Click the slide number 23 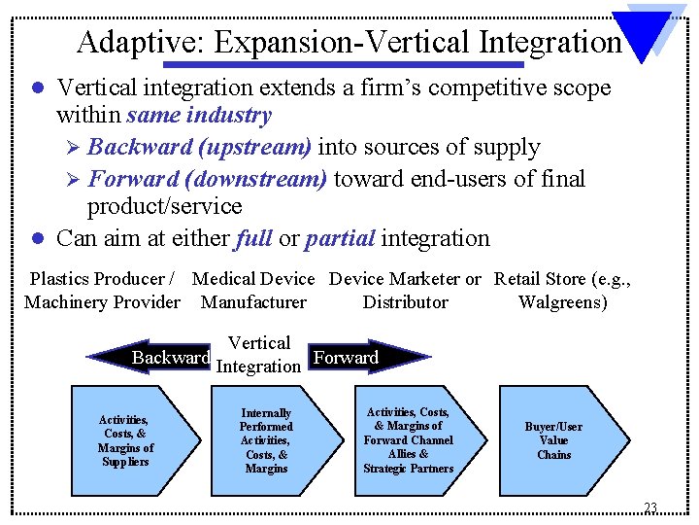(649, 507)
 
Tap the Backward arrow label (171, 358)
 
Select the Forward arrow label (347, 358)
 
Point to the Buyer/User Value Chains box (553, 440)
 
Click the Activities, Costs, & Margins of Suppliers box (125, 440)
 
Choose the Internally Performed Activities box (266, 440)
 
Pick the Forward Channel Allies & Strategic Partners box (408, 440)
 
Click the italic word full (253, 238)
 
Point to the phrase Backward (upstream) (199, 148)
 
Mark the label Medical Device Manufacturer (253, 290)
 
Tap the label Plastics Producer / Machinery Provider (102, 290)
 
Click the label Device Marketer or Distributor (405, 290)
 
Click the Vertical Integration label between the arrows (258, 355)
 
